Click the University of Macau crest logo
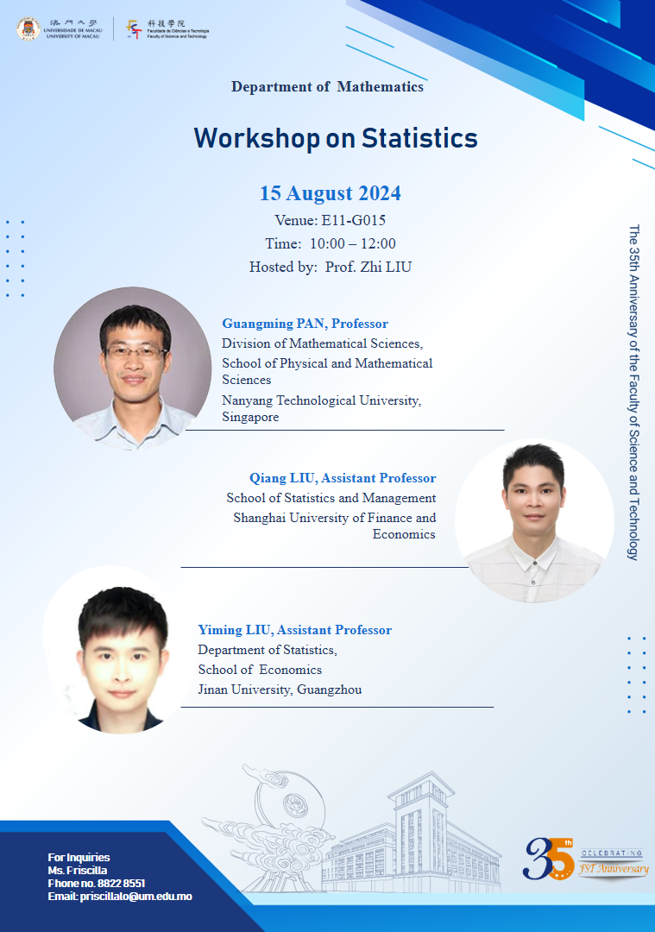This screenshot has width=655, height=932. (28, 28)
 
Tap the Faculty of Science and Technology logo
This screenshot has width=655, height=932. (135, 29)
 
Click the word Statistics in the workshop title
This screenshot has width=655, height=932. (419, 138)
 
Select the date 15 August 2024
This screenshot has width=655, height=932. (331, 193)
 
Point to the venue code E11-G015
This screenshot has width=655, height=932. (354, 221)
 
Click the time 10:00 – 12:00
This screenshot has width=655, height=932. (353, 243)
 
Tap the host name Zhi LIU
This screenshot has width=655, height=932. (386, 267)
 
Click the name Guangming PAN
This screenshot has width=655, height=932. (274, 324)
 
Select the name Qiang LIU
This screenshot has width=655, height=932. (283, 478)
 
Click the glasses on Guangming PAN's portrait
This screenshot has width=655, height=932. (135, 352)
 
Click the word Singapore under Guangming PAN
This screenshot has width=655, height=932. (250, 418)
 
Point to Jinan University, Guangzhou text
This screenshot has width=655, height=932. (280, 690)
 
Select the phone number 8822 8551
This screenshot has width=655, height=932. (122, 884)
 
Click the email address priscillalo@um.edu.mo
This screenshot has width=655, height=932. (136, 897)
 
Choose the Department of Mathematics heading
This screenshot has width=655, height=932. (328, 87)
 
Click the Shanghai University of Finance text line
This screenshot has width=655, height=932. (335, 518)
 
